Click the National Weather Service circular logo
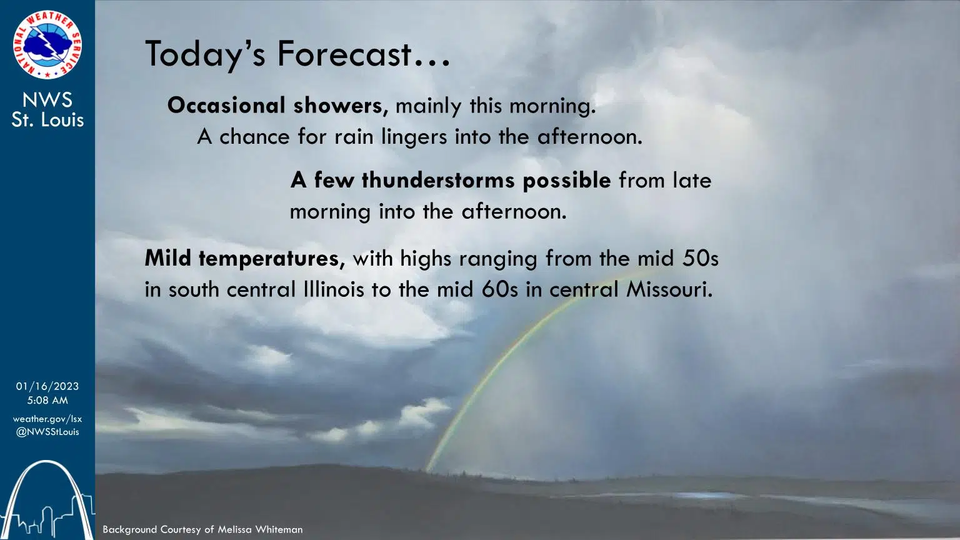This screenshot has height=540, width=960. pos(47,44)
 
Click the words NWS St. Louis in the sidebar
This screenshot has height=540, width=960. pos(47,109)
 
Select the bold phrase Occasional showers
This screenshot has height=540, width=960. pos(277,106)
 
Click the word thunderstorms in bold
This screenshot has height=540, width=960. pos(437,181)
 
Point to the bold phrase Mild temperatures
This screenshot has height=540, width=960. pos(244,258)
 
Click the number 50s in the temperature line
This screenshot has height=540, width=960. pos(700,258)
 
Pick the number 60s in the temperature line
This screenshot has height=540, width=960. pos(500,289)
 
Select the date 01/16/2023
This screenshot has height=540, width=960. pos(47,386)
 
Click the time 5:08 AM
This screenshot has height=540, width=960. pos(47,400)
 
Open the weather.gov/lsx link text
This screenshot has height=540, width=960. pos(47,419)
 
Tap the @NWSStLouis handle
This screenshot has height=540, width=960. pos(47,432)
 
